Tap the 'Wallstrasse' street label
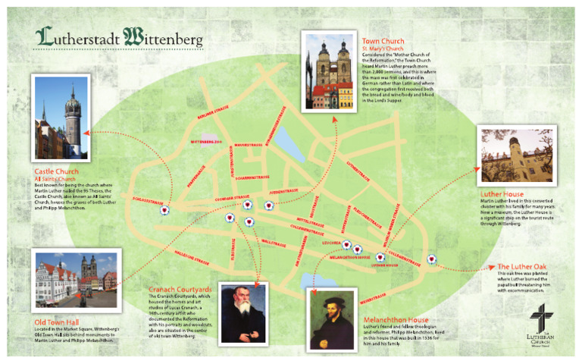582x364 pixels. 272,243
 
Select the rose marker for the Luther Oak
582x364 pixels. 432,258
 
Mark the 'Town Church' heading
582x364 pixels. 383,41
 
